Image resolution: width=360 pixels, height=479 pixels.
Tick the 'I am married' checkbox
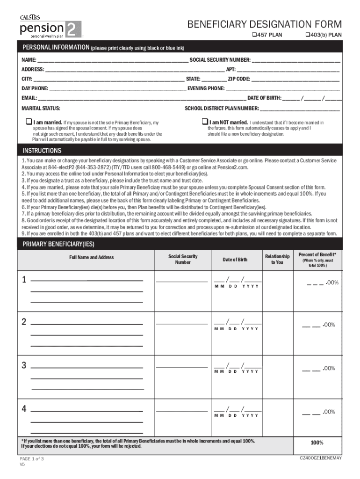[28, 122]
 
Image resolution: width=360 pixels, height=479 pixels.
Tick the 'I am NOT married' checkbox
[204, 122]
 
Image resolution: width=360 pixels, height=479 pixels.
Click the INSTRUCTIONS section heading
[42, 151]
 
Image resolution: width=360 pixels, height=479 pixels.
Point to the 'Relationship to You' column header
[277, 260]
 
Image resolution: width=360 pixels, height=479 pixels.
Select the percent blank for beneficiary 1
[315, 283]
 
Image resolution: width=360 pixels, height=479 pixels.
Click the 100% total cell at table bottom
[317, 443]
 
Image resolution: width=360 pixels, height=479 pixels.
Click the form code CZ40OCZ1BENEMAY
[321, 458]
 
